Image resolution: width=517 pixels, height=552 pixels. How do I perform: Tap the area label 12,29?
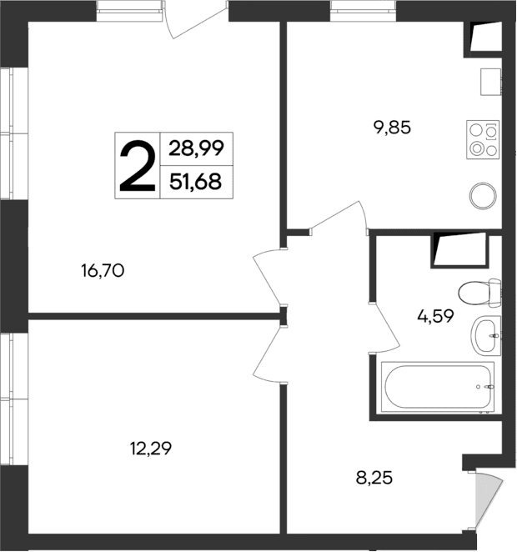(x=151, y=449)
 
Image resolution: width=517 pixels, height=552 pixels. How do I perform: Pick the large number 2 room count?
(x=137, y=165)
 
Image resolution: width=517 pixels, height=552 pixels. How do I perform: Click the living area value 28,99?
(x=195, y=149)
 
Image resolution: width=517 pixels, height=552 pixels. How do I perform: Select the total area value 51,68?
(x=195, y=181)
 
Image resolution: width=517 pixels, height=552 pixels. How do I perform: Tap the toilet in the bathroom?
(x=479, y=294)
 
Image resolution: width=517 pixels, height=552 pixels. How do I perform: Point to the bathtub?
(x=437, y=387)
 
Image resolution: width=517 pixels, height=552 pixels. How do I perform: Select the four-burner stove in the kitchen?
(x=484, y=139)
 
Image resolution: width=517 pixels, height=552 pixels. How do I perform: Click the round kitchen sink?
(x=484, y=197)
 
